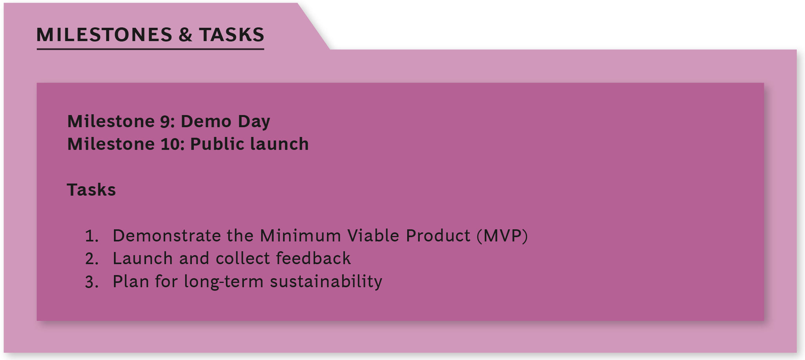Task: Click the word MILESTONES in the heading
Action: [104, 34]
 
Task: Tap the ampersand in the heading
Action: [186, 34]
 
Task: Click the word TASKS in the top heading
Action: [231, 34]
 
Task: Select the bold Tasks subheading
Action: [92, 190]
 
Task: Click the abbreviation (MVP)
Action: [502, 236]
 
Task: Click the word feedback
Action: [313, 258]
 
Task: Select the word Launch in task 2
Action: [143, 258]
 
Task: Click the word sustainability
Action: [326, 282]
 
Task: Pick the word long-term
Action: [224, 282]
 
